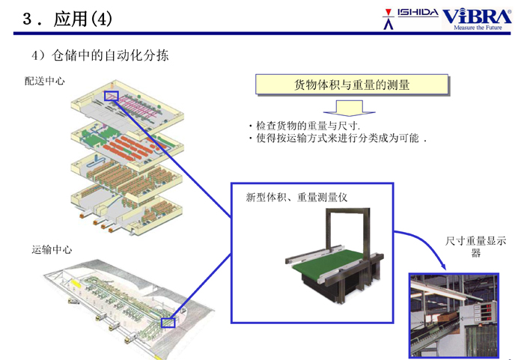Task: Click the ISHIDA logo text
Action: coord(418,13)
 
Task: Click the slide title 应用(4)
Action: coord(83,19)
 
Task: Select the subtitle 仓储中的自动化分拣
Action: coord(110,55)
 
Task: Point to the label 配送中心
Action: coord(45,81)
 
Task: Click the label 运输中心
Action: coord(52,250)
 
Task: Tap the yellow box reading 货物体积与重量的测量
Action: coord(352,85)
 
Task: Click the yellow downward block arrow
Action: coord(350,108)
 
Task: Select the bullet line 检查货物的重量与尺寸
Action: coord(304,126)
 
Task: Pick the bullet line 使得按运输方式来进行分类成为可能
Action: coord(338,138)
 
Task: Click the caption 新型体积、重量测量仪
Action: coord(296,198)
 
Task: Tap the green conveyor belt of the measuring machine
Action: coord(328,263)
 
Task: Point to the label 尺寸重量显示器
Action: coord(475,246)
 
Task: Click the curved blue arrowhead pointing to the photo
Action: coord(443,266)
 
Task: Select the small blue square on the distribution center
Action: coord(112,96)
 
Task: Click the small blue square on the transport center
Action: coord(168,323)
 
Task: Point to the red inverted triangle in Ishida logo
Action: coord(388,13)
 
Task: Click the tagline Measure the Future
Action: coord(478,28)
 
